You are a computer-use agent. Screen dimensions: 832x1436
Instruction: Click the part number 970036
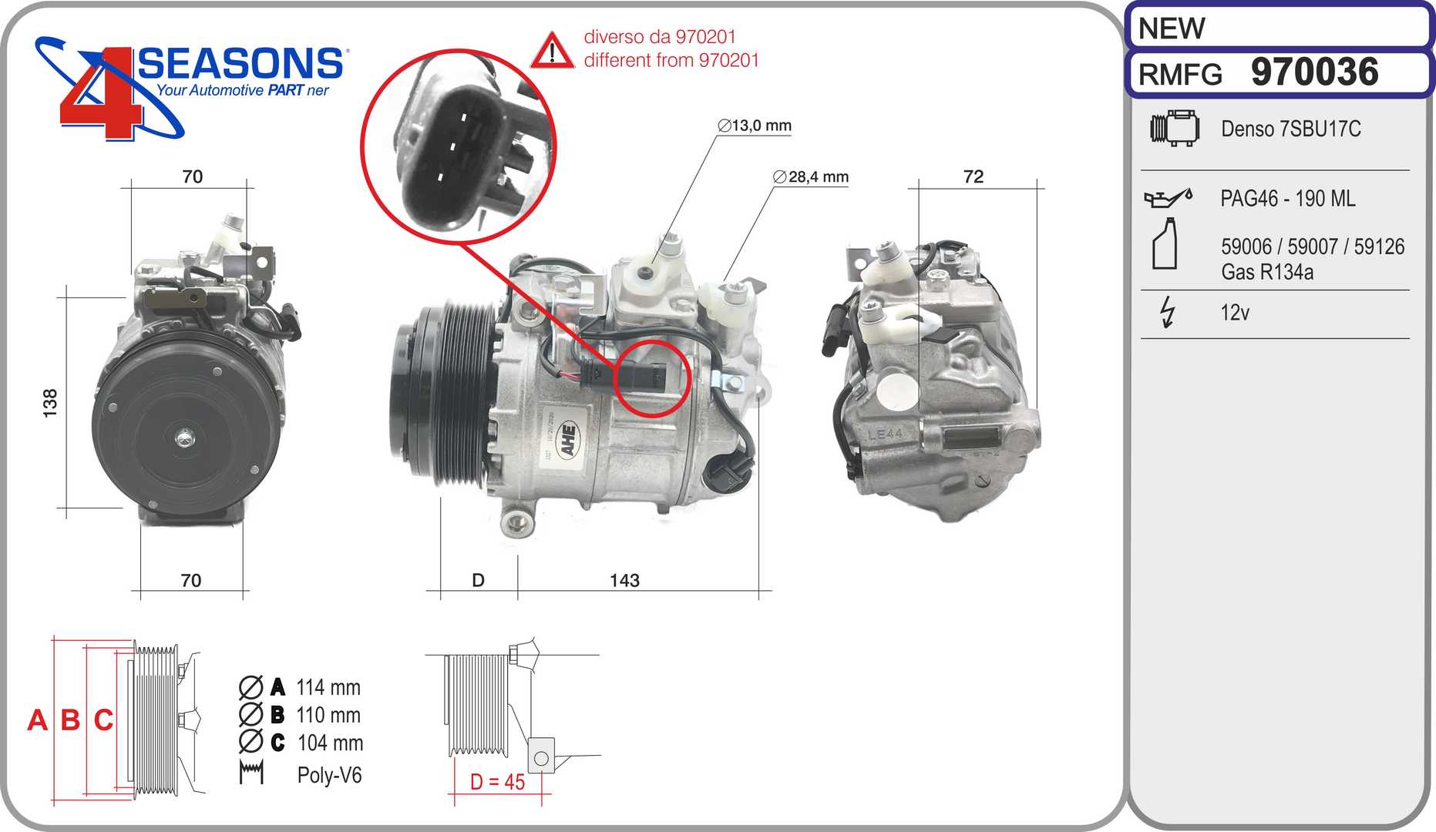click(x=1314, y=72)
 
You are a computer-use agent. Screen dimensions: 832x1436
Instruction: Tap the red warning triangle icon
click(x=552, y=50)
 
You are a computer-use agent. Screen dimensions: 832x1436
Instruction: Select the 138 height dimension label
click(x=50, y=403)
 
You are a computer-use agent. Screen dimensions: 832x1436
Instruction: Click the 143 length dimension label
click(x=624, y=580)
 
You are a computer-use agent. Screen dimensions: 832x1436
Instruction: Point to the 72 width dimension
click(x=974, y=176)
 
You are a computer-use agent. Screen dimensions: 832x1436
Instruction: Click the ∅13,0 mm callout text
click(x=755, y=126)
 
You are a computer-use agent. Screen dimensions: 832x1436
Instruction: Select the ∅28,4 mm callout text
click(x=811, y=176)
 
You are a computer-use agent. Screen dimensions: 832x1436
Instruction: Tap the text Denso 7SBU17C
click(x=1290, y=129)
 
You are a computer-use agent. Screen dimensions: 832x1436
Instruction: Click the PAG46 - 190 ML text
click(x=1287, y=199)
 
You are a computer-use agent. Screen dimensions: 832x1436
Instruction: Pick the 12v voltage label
click(x=1235, y=313)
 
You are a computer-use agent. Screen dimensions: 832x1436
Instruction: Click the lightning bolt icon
click(x=1168, y=313)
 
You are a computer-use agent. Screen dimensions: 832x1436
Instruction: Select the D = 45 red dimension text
click(x=497, y=782)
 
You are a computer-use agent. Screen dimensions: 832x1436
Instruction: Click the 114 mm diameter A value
click(x=328, y=687)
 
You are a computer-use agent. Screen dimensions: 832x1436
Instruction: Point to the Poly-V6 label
click(x=329, y=775)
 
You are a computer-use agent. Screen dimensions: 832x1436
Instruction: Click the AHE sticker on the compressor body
click(x=568, y=440)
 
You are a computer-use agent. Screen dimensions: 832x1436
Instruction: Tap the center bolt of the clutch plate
click(x=184, y=438)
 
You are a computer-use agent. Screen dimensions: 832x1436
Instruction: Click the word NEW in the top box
click(x=1171, y=29)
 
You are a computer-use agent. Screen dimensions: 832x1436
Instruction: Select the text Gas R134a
click(x=1267, y=272)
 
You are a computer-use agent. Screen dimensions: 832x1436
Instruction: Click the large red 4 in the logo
click(x=100, y=96)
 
